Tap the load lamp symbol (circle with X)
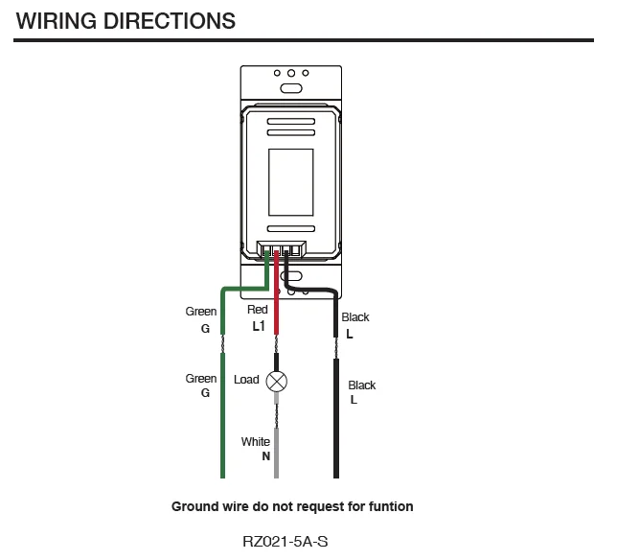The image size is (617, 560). [277, 380]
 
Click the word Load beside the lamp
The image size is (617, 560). [246, 380]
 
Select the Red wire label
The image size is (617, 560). [258, 310]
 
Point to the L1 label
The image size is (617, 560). [259, 326]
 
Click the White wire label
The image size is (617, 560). [256, 442]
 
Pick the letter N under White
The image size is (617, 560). [265, 457]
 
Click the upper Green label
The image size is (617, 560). [201, 312]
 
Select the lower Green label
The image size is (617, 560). [201, 379]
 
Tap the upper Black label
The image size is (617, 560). [355, 317]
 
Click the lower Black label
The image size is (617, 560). [362, 385]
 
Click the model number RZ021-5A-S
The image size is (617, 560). [291, 542]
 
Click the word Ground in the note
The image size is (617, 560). [194, 506]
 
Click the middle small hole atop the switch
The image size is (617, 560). [290, 73]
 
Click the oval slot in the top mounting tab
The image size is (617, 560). [290, 87]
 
